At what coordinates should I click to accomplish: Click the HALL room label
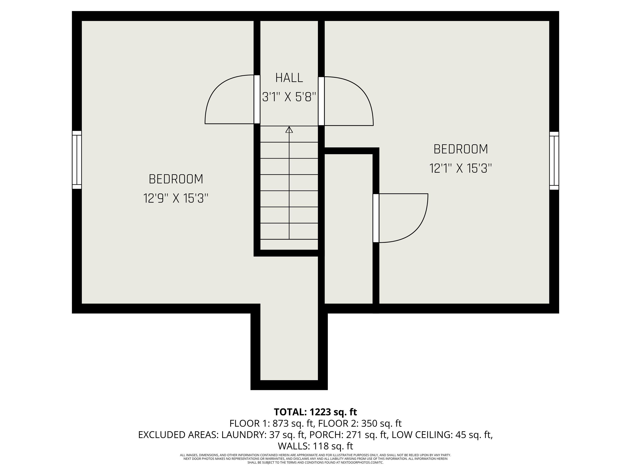(x=289, y=78)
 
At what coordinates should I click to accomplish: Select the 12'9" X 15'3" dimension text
(x=176, y=198)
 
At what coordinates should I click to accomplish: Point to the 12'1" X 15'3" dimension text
(x=461, y=168)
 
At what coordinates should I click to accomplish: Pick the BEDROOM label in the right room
(x=461, y=149)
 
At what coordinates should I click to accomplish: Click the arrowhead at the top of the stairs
(x=289, y=130)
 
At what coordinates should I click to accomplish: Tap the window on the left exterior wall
(x=77, y=160)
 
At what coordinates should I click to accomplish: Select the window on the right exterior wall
(x=554, y=161)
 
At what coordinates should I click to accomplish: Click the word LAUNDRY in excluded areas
(x=242, y=435)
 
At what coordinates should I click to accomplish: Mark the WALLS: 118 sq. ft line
(x=315, y=446)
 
